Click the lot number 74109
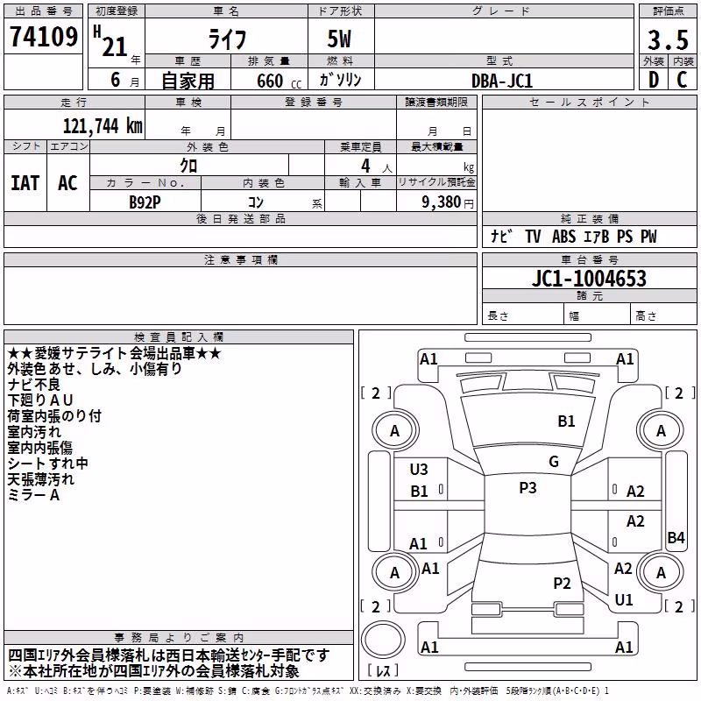(x=44, y=36)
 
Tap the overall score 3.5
(x=668, y=39)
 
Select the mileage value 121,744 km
(x=103, y=125)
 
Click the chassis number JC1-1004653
(x=589, y=278)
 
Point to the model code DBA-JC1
(x=502, y=81)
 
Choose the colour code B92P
(x=145, y=202)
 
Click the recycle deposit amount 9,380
(x=441, y=202)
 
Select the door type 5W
(x=339, y=39)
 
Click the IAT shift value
(x=25, y=183)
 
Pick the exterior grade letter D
(x=653, y=80)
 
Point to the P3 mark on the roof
(x=528, y=488)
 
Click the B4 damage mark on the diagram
(x=676, y=537)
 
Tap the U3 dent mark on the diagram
(x=419, y=470)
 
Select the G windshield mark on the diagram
(x=554, y=462)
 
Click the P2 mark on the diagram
(x=562, y=584)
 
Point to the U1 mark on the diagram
(x=624, y=600)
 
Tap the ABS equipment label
(x=563, y=237)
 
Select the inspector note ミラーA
(x=33, y=495)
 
